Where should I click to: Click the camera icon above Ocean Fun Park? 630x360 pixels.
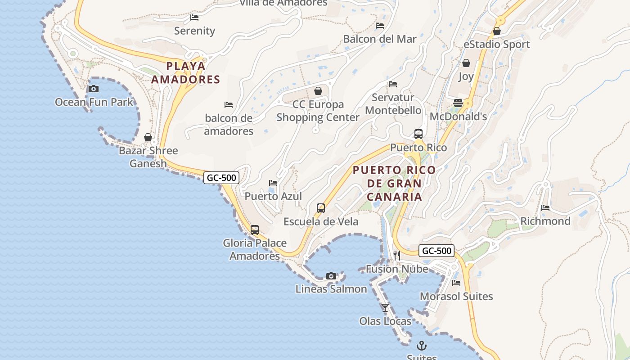click(x=94, y=89)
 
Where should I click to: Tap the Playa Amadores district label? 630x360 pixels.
click(x=185, y=73)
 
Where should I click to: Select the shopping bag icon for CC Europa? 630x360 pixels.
click(x=318, y=91)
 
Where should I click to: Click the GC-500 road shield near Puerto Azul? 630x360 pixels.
click(x=221, y=178)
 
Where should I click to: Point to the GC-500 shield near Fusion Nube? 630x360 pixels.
click(x=436, y=251)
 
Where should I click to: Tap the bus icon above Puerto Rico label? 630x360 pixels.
click(x=418, y=134)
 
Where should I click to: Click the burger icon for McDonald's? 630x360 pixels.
click(x=458, y=103)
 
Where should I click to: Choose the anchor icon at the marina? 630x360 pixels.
click(x=422, y=346)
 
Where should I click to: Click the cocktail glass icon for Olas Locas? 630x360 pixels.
click(x=385, y=308)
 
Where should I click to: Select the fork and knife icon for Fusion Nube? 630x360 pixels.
click(x=396, y=256)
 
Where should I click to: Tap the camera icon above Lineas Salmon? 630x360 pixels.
click(x=331, y=276)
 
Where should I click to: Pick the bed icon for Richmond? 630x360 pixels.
click(x=545, y=208)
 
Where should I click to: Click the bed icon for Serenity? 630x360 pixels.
click(x=194, y=18)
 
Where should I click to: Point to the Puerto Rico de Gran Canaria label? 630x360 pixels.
click(x=394, y=184)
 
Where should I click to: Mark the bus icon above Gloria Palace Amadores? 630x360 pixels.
click(x=255, y=230)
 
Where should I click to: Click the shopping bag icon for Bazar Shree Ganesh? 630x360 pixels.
click(x=148, y=137)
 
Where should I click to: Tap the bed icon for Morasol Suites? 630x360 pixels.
click(x=456, y=283)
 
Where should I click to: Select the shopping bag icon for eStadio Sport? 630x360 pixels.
click(x=497, y=31)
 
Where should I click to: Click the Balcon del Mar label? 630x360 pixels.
click(x=380, y=39)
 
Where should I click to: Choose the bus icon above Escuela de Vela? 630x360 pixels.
click(x=321, y=208)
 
